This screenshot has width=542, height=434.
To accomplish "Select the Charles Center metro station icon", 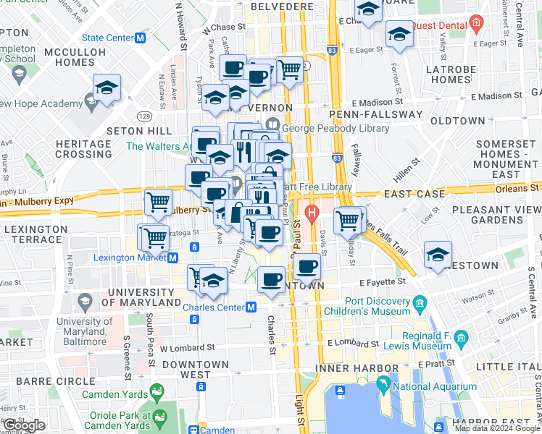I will (251, 307).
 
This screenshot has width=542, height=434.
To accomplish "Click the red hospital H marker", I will (312, 213).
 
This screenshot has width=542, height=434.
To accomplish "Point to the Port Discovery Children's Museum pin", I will (419, 303).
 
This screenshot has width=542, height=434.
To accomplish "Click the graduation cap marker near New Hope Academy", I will (107, 89).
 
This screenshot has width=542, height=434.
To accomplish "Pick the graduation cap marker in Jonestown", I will (438, 255).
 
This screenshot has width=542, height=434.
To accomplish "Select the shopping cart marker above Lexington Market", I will (153, 236).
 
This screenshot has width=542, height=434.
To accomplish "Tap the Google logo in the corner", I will (24, 425).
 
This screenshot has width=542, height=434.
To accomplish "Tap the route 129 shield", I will (146, 116).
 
